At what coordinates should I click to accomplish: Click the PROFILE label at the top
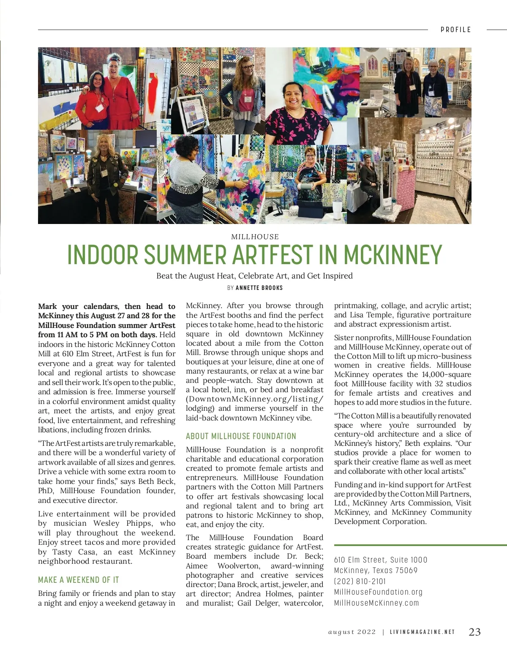tap(455, 30)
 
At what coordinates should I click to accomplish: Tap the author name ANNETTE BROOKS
tap(259, 288)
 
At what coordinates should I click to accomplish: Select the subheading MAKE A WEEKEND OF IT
tap(79, 580)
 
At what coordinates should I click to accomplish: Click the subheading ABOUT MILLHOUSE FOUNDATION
tap(241, 436)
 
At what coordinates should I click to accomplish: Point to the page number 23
tap(474, 632)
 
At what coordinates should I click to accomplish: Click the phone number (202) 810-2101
tap(360, 582)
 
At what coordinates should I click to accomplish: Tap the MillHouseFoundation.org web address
tap(378, 592)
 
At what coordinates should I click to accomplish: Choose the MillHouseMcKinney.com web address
tap(376, 603)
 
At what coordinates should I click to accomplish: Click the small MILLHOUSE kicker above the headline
tap(255, 237)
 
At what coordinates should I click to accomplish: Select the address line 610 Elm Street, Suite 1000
tap(381, 560)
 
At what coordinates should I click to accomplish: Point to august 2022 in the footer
tap(352, 632)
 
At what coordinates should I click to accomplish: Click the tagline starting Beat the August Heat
tap(254, 276)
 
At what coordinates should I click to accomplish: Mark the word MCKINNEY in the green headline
tap(393, 254)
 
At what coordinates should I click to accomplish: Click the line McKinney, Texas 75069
tap(376, 571)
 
